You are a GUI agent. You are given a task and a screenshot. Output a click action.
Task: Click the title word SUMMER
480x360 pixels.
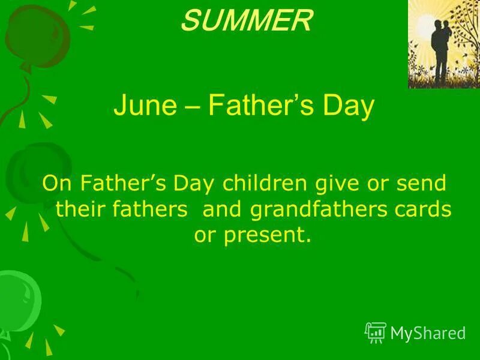pyautogui.click(x=247, y=22)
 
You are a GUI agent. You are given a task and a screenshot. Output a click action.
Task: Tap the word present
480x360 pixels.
pyautogui.click(x=268, y=235)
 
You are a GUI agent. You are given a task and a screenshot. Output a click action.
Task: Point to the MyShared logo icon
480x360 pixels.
pyautogui.click(x=375, y=332)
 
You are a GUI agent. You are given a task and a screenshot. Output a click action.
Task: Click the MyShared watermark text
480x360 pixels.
pyautogui.click(x=427, y=333)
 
